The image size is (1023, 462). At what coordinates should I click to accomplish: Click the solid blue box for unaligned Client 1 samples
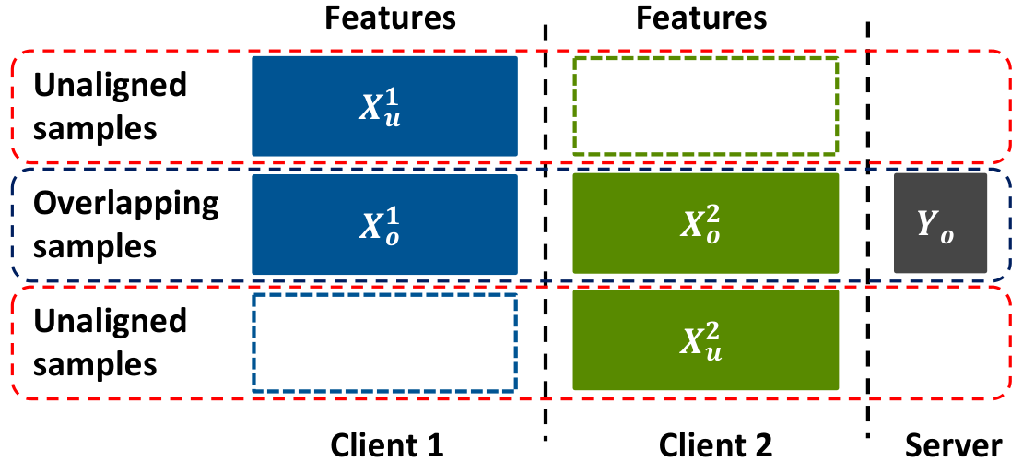pyautogui.click(x=385, y=106)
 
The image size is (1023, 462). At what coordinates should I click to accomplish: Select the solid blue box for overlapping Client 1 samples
pyautogui.click(x=385, y=224)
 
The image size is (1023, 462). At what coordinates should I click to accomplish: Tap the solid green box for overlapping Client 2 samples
pyautogui.click(x=705, y=223)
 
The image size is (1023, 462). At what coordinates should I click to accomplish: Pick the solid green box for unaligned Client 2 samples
pyautogui.click(x=705, y=340)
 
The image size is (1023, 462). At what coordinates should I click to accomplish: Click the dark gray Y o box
pyautogui.click(x=940, y=223)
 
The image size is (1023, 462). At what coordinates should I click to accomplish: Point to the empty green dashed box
pyautogui.click(x=705, y=59)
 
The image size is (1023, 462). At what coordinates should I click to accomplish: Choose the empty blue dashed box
pyautogui.click(x=385, y=297)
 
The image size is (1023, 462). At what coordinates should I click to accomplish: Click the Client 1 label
pyautogui.click(x=387, y=445)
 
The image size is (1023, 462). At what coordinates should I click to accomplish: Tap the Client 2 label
pyautogui.click(x=716, y=445)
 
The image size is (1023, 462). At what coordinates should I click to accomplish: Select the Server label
pyautogui.click(x=953, y=445)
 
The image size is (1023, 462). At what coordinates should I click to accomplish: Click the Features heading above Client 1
pyautogui.click(x=390, y=18)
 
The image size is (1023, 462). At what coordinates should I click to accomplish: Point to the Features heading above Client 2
pyautogui.click(x=701, y=18)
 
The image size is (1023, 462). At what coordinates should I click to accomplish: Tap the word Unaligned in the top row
pyautogui.click(x=110, y=86)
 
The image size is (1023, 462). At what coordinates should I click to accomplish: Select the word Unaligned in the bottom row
pyautogui.click(x=110, y=320)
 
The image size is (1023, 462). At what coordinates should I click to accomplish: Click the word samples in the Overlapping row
pyautogui.click(x=95, y=248)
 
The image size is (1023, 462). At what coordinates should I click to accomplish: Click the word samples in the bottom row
pyautogui.click(x=95, y=365)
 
